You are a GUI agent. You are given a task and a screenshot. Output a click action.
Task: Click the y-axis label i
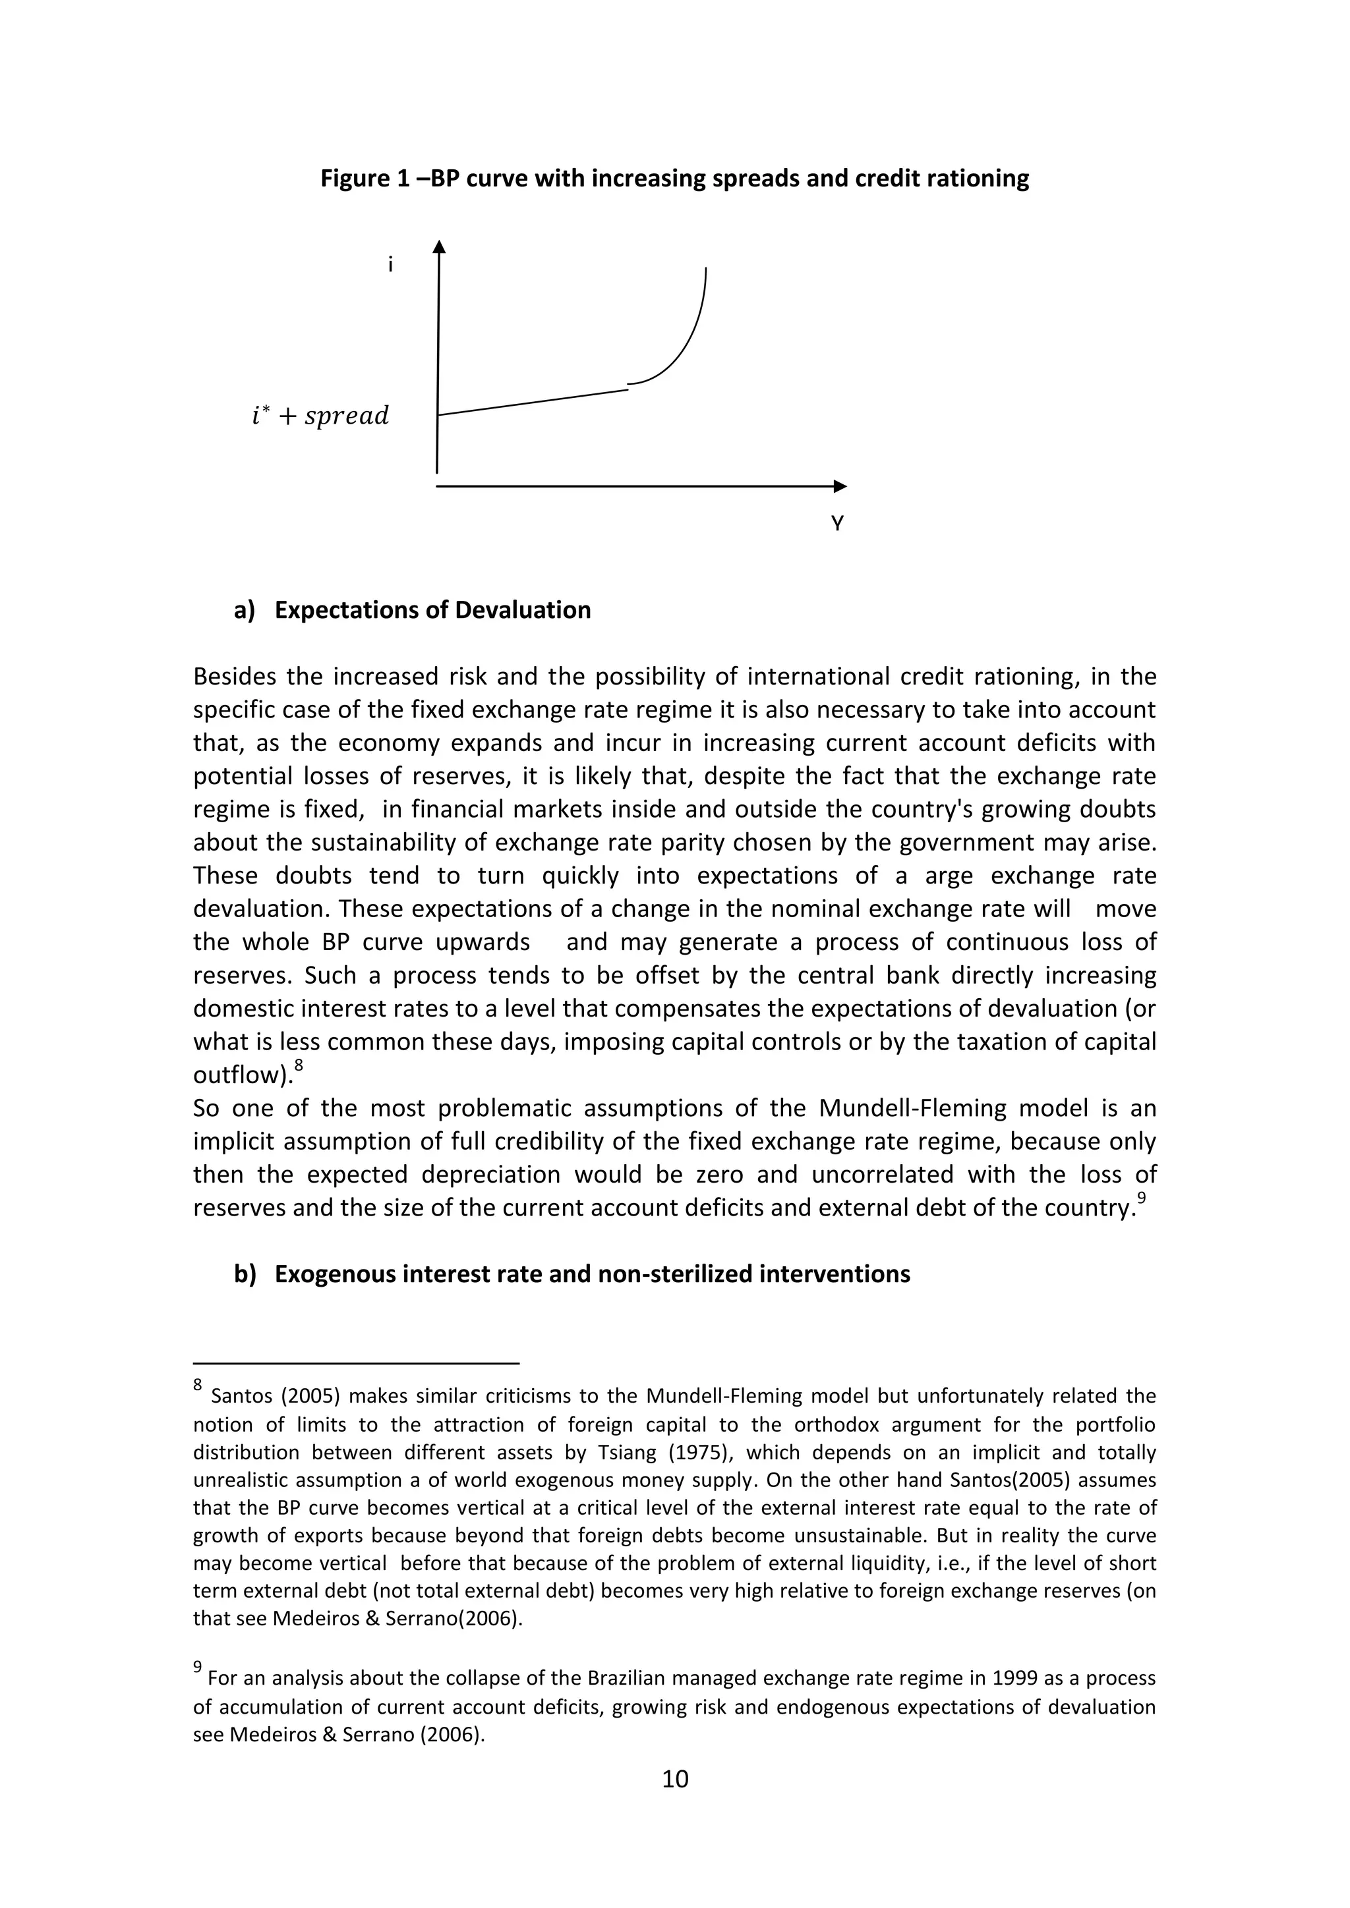click(390, 265)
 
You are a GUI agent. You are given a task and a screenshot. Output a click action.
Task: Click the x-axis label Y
click(837, 524)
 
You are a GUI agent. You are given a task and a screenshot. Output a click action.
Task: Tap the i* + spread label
click(320, 416)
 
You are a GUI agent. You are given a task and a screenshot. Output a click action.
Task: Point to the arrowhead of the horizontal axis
click(840, 486)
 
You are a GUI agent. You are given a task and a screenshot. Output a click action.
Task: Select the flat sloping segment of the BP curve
click(532, 401)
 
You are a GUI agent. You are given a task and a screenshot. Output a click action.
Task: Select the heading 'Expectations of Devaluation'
click(432, 610)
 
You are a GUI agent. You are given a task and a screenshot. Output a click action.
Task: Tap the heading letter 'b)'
click(245, 1274)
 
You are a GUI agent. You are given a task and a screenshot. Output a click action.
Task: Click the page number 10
click(675, 1778)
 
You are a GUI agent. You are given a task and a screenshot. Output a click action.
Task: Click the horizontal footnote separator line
click(356, 1363)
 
